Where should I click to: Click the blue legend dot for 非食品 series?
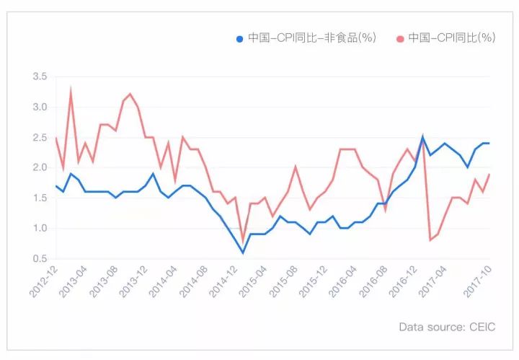[x=240, y=38]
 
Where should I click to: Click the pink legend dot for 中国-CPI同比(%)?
[x=400, y=38]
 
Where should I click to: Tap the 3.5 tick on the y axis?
[x=40, y=76]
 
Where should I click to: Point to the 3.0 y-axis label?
[x=40, y=107]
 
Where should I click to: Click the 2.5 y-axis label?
[x=40, y=137]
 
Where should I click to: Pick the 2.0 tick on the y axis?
[x=40, y=167]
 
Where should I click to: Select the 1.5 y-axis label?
[x=40, y=198]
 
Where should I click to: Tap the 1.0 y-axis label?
[x=40, y=228]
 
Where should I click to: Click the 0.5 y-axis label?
[x=40, y=258]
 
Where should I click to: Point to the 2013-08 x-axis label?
[x=105, y=281]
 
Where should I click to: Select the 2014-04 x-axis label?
[x=165, y=281]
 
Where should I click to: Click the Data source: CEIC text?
[x=447, y=327]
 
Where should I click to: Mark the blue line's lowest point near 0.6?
[x=243, y=253]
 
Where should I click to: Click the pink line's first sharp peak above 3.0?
[x=71, y=90]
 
